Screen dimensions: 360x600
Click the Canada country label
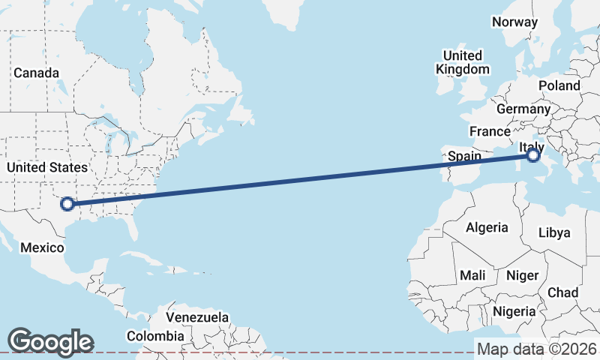(x=36, y=73)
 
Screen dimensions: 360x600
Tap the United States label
(x=47, y=167)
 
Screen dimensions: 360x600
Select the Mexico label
(x=42, y=247)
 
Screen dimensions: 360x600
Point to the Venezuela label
(x=197, y=317)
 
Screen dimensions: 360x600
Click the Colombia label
(x=154, y=336)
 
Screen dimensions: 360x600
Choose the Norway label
(x=514, y=22)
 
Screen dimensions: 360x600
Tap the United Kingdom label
(x=463, y=62)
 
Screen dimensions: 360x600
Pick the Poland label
(x=559, y=85)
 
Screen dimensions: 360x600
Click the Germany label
(x=523, y=109)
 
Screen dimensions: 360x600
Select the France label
(x=490, y=131)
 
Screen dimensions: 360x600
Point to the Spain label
(x=463, y=157)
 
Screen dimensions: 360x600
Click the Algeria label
(x=487, y=227)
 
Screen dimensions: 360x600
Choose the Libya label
(x=554, y=232)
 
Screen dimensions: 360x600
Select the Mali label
(x=472, y=275)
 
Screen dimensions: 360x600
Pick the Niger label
(x=522, y=275)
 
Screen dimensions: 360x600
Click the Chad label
(x=562, y=292)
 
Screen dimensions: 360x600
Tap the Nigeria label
(x=514, y=310)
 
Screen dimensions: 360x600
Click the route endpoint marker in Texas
(x=67, y=203)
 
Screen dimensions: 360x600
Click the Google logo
(x=50, y=342)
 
